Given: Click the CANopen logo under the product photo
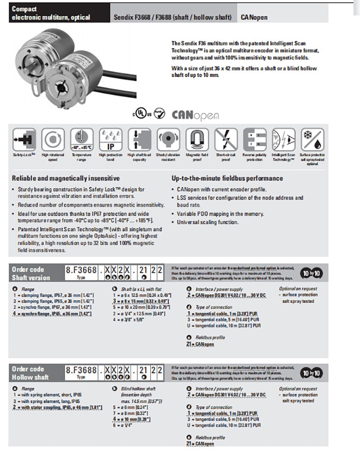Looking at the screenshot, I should (195, 115).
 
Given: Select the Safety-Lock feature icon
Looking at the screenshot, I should (22, 139).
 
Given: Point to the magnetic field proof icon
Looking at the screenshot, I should (197, 139).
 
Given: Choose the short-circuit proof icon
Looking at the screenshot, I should (226, 139).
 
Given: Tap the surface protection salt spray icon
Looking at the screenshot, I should (312, 139).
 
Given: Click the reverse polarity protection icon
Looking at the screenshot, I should (254, 139).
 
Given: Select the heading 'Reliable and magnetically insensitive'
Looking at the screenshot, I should (66, 178).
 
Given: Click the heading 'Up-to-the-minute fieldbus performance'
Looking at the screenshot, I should (227, 178).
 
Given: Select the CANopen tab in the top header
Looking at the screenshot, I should (254, 18).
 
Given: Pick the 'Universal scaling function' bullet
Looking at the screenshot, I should (207, 222).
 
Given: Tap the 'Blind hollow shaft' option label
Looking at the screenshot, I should (138, 389).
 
